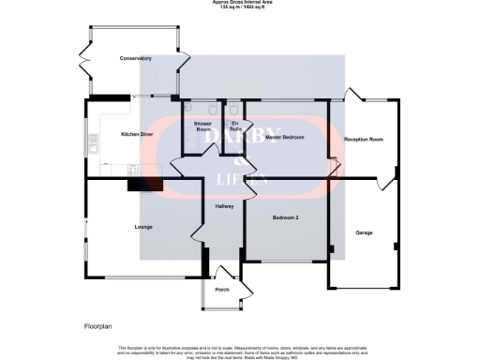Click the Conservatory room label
click(x=136, y=58)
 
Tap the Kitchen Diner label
click(x=137, y=134)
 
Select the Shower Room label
click(x=202, y=126)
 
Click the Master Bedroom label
click(x=284, y=138)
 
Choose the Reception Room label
click(x=365, y=138)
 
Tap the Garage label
click(x=364, y=232)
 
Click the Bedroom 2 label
click(x=285, y=217)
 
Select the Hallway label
click(x=224, y=206)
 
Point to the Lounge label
click(x=142, y=227)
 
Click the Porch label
click(x=222, y=290)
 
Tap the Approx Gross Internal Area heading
click(x=240, y=4)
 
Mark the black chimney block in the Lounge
click(x=138, y=185)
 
